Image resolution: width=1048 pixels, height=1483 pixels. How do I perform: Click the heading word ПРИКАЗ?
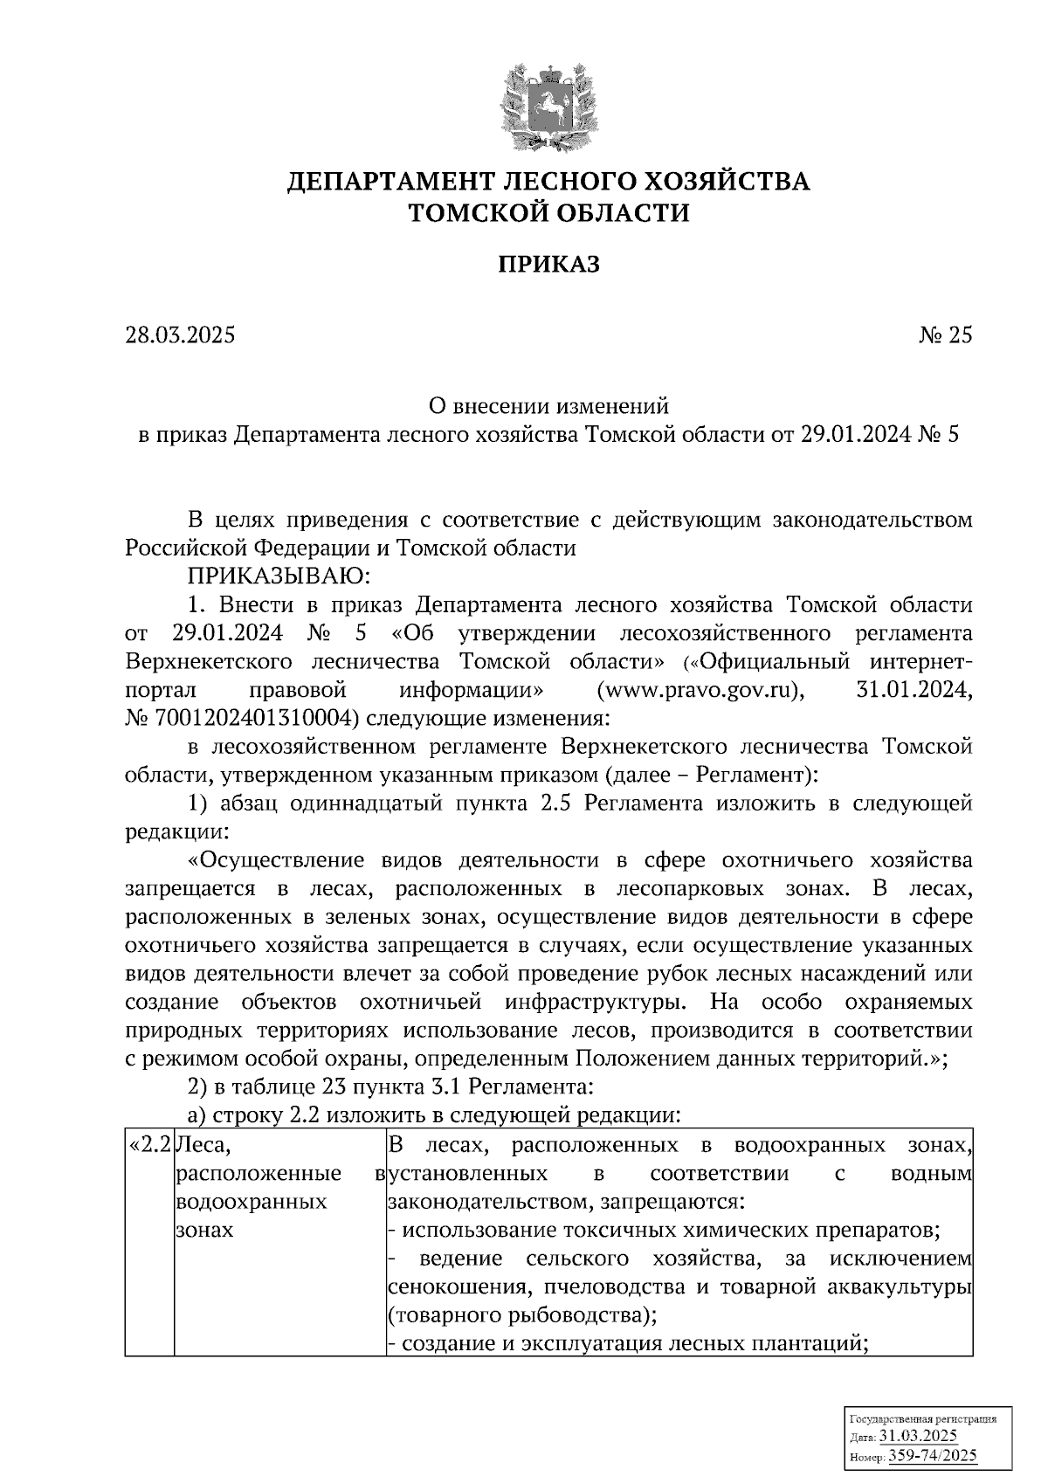pyautogui.click(x=549, y=264)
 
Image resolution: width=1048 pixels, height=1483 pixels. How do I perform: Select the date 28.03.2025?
pyautogui.click(x=180, y=335)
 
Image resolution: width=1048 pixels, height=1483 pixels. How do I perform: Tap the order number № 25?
pyautogui.click(x=944, y=335)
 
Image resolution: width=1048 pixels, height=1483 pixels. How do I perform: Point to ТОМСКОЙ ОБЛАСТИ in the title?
pyautogui.click(x=549, y=212)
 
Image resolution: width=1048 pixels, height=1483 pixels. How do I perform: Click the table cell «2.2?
pyautogui.click(x=148, y=1145)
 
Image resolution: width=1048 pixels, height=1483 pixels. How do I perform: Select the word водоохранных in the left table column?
pyautogui.click(x=252, y=1202)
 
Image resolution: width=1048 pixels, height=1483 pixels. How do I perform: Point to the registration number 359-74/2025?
pyautogui.click(x=932, y=1456)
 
